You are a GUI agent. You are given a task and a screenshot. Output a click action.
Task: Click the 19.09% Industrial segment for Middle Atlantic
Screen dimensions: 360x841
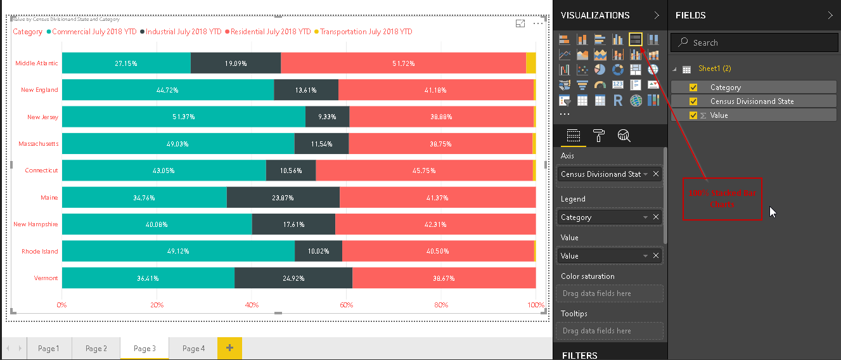click(236, 63)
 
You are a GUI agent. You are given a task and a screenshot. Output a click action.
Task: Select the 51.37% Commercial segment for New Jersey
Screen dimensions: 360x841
click(183, 117)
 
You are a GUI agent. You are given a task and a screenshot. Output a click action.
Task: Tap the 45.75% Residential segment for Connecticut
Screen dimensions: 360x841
click(424, 170)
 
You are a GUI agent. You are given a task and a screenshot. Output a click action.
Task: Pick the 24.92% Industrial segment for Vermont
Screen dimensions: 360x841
click(293, 278)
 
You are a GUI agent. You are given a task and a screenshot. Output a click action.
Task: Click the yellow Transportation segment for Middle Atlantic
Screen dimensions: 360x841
click(531, 63)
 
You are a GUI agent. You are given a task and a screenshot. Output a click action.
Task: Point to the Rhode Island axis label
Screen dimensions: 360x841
click(40, 252)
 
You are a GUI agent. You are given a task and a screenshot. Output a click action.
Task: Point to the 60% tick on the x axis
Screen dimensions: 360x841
click(346, 305)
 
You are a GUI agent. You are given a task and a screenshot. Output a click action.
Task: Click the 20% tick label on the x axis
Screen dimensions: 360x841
click(157, 305)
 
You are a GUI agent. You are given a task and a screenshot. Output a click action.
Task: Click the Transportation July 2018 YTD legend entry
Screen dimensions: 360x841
click(366, 32)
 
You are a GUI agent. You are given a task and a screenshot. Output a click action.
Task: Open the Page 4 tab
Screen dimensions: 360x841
click(193, 349)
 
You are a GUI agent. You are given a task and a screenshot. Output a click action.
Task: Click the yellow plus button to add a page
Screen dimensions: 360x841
click(229, 348)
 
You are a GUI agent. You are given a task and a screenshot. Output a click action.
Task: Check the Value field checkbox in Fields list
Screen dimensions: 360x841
click(693, 115)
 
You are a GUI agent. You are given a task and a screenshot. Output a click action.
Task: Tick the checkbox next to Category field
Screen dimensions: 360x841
click(693, 87)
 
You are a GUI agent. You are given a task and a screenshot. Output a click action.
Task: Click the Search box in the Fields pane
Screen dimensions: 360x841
click(754, 42)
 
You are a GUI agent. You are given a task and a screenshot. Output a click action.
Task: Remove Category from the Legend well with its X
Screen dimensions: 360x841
click(656, 217)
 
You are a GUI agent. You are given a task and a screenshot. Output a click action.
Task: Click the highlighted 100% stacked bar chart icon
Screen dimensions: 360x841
click(636, 39)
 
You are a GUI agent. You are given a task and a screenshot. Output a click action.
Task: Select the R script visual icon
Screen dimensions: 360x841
click(618, 100)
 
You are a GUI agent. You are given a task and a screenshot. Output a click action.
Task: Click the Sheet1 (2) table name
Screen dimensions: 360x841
click(714, 68)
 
